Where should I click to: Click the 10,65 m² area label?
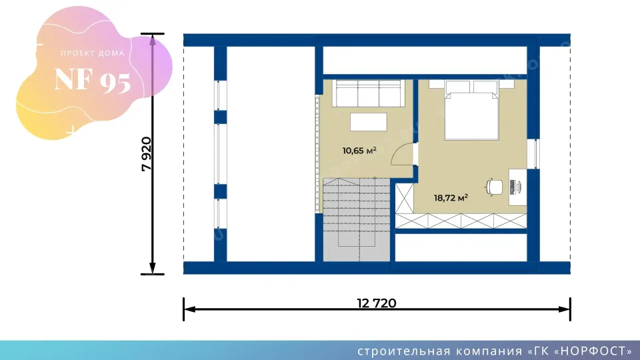click(359, 151)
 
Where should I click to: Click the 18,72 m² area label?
click(451, 198)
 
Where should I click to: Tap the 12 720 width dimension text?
click(376, 303)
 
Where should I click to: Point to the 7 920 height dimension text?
click(147, 154)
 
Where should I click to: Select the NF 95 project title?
click(93, 80)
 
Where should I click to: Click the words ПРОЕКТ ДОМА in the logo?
click(93, 53)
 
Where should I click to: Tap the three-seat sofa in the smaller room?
click(369, 93)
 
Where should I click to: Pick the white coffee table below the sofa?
click(369, 122)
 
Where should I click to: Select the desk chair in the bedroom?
click(494, 187)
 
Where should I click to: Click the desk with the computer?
click(517, 187)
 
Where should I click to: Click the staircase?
click(356, 219)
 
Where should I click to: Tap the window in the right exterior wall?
click(533, 154)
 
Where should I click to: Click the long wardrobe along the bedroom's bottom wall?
click(461, 221)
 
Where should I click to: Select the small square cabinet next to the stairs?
click(405, 199)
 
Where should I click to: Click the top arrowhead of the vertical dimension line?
click(153, 39)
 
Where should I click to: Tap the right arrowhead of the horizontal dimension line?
click(565, 309)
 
